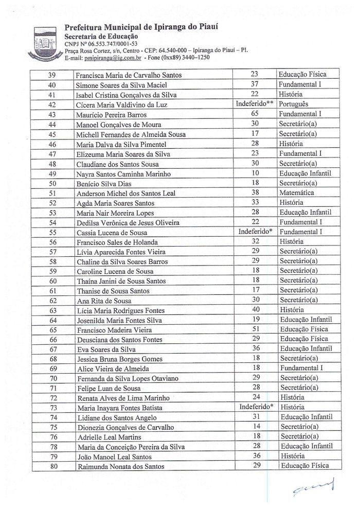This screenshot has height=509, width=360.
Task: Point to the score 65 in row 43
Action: [255, 114]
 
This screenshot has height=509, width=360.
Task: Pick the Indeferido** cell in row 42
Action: [254, 103]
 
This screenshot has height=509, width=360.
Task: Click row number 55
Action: [52, 232]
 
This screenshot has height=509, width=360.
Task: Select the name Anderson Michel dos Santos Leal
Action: [126, 193]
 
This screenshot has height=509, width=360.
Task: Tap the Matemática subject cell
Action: [296, 192]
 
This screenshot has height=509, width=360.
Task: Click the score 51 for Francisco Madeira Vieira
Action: [255, 329]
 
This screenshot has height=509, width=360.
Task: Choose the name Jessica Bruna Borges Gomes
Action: [119, 359]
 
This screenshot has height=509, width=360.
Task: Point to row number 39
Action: [52, 75]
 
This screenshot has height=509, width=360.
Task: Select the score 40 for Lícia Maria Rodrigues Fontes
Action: [255, 310]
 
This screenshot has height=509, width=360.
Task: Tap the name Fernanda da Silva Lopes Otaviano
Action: [128, 378]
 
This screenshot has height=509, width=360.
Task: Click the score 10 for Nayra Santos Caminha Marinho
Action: [255, 173]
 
